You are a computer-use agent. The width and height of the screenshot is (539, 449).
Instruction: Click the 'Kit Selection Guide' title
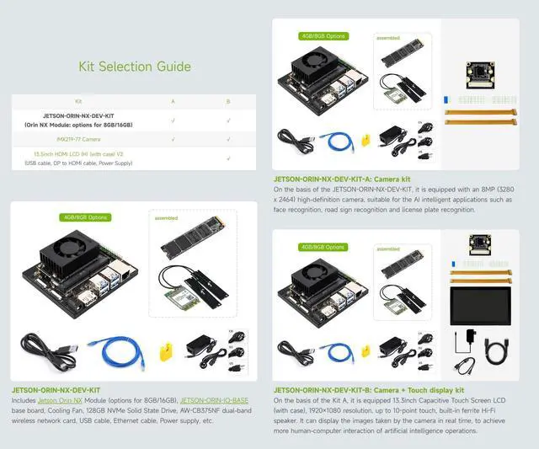click(134, 67)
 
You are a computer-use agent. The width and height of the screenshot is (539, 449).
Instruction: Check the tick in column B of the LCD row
click(228, 158)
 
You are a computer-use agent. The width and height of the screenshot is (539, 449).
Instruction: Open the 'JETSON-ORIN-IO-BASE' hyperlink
click(214, 399)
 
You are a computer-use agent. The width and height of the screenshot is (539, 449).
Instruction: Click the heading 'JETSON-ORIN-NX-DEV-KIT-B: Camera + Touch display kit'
click(369, 391)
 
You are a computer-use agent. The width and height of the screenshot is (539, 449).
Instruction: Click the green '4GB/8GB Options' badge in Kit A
click(323, 37)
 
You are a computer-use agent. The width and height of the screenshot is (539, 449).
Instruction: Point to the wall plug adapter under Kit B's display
click(465, 341)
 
